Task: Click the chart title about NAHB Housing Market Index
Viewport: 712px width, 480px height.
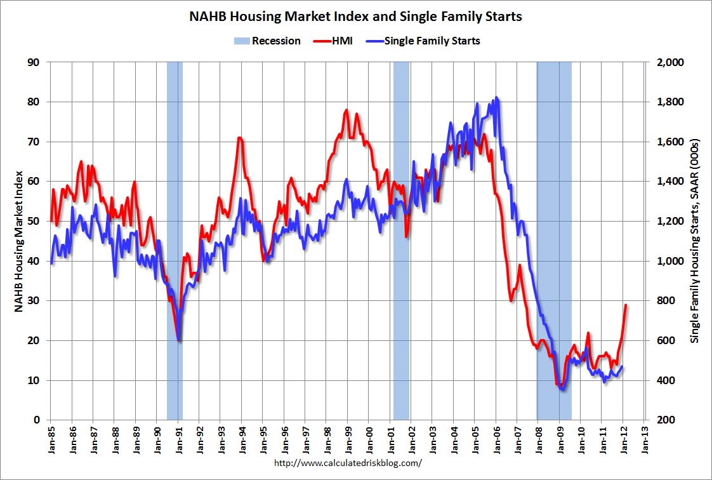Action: coord(355,17)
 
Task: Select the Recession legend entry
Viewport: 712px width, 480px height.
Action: coord(267,41)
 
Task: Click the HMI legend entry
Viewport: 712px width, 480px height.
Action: coord(333,41)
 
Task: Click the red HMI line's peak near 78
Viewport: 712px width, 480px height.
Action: coord(346,110)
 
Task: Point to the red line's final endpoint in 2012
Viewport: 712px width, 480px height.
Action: coord(626,305)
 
